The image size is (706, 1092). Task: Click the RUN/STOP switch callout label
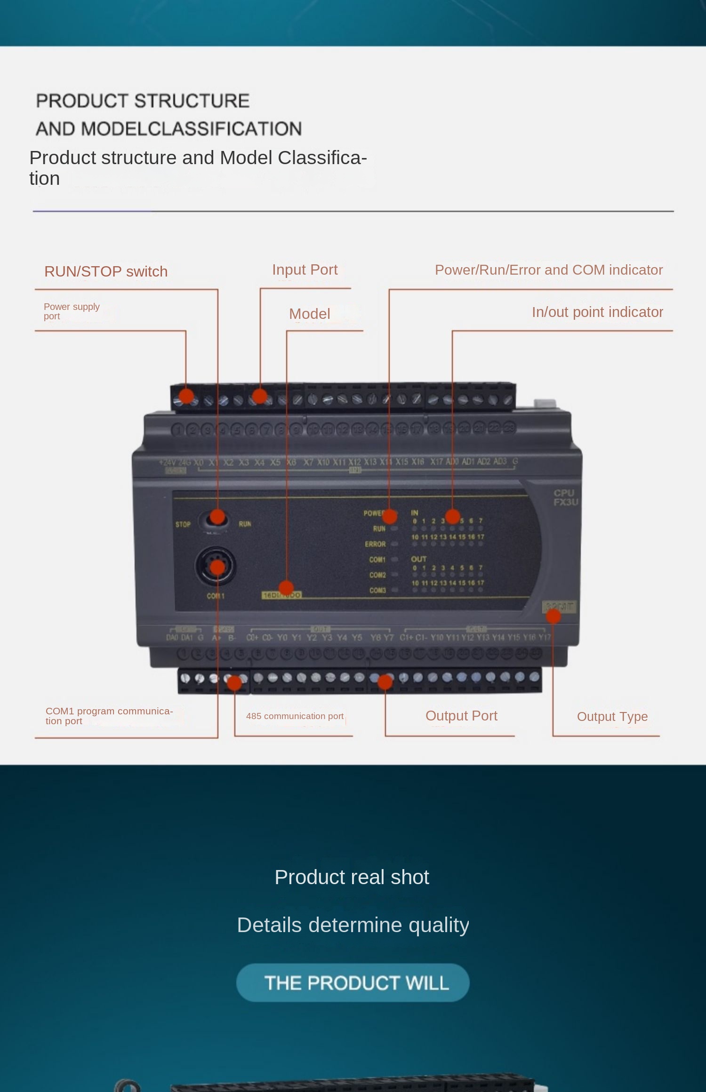point(106,271)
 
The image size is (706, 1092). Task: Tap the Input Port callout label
point(305,269)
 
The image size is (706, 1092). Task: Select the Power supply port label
point(72,311)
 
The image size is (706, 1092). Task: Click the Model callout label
point(309,314)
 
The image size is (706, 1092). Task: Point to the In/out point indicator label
point(597,312)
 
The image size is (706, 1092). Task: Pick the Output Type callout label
point(612,716)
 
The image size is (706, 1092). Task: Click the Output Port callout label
point(461,715)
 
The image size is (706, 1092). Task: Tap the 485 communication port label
point(295,716)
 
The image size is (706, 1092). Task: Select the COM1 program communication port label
point(109,715)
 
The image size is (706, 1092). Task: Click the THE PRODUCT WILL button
point(353,982)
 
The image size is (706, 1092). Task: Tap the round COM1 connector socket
point(216,567)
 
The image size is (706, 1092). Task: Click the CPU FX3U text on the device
point(565,498)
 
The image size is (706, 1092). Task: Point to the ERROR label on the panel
point(375,544)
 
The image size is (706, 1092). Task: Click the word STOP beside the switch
point(183,524)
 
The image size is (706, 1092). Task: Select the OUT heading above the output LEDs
point(418,559)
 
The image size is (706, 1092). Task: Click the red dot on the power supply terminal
point(186,396)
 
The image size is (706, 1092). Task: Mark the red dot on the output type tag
point(554,616)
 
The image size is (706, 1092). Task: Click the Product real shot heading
point(352,877)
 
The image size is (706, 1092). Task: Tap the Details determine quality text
point(353,925)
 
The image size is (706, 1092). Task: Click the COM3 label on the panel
point(377,590)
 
